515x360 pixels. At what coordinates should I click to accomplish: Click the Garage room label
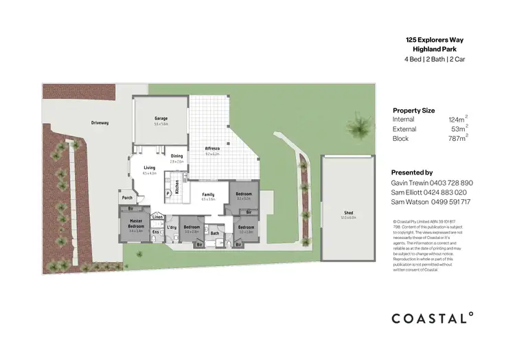[x=161, y=118]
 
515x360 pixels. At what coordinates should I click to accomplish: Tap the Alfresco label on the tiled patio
[x=212, y=149]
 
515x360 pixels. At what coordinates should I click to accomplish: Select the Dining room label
[x=177, y=156]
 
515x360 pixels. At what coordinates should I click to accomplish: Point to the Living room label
[x=149, y=168]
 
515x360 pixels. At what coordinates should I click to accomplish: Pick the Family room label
[x=208, y=195]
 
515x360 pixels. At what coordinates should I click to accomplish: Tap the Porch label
[x=127, y=198]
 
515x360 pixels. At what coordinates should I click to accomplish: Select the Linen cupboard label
[x=157, y=216]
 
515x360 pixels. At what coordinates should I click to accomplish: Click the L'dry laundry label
[x=172, y=227]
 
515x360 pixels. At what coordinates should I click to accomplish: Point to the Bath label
[x=214, y=233]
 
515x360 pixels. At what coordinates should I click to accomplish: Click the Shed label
[x=348, y=214]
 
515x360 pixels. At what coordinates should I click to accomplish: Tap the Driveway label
[x=100, y=123]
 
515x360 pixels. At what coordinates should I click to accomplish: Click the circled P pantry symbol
[x=168, y=194]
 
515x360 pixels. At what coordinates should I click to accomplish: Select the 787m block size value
[x=458, y=137]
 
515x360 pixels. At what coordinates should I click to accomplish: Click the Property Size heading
[x=413, y=110]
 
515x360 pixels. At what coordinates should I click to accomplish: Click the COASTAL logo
[x=432, y=317]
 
